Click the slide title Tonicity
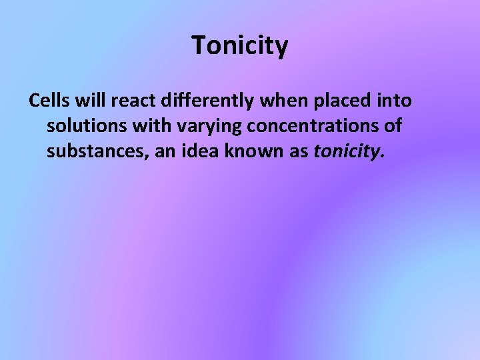[x=240, y=46]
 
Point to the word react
[x=130, y=101]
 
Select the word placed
[x=341, y=101]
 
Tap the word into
[x=395, y=101]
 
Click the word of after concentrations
[x=392, y=127]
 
